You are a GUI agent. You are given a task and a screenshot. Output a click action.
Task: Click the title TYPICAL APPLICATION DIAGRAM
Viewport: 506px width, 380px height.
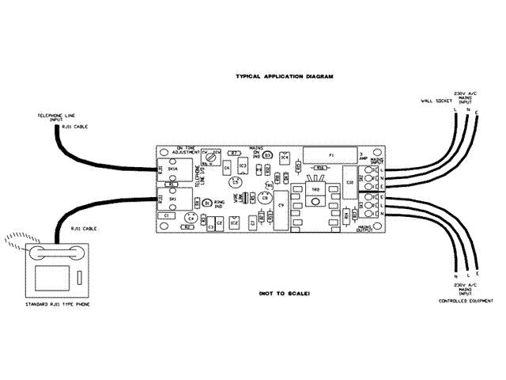pos(285,77)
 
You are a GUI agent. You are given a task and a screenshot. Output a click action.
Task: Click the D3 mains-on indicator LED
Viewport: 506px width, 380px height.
pos(267,154)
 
